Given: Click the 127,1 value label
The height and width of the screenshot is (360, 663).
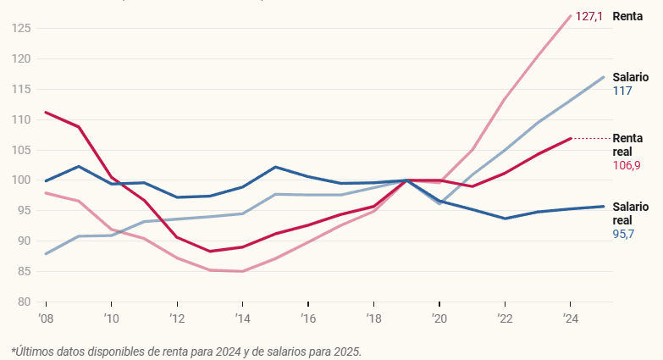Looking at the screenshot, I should click(588, 16).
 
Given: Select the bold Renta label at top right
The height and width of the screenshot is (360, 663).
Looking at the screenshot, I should click(627, 16).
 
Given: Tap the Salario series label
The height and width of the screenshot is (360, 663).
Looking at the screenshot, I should click(631, 76).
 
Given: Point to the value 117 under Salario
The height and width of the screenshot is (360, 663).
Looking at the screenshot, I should click(622, 90).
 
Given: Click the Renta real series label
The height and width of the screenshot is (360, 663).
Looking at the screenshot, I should click(627, 144).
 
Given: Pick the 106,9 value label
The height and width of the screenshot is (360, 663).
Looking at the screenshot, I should click(627, 165).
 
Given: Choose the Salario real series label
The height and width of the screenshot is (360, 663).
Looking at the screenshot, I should click(631, 213).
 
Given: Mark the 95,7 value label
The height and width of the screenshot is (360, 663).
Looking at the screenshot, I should click(624, 233).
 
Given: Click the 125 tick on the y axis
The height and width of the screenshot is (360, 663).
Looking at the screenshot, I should click(21, 29).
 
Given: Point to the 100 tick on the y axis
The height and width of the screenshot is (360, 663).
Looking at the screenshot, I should click(21, 180).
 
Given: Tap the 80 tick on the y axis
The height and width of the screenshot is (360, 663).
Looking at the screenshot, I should click(24, 302).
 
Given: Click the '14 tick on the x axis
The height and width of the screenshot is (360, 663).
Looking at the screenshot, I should click(242, 318).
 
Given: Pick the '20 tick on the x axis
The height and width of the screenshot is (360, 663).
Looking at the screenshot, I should click(439, 318).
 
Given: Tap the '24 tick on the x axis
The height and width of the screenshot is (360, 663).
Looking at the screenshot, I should click(571, 318).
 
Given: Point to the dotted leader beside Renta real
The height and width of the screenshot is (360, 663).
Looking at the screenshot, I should click(592, 138).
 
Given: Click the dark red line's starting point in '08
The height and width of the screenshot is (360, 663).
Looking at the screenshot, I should click(45, 112).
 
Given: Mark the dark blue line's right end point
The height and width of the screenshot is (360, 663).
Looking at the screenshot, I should click(604, 206).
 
